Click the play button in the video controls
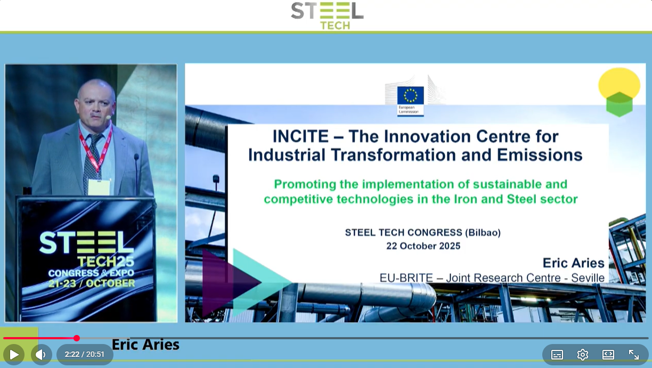[x=14, y=354]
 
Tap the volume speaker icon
[x=41, y=354]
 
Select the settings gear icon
[x=582, y=355]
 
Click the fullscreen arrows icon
[x=634, y=355]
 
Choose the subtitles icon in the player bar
[x=557, y=355]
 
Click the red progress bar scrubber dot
[x=77, y=338]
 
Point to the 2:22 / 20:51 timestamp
[x=84, y=354]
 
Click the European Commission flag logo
[x=410, y=101]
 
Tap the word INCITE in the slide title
[x=300, y=136]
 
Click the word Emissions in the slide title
[x=540, y=155]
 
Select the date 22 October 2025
[x=423, y=246]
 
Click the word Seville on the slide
[x=588, y=278]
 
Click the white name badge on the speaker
[x=99, y=187]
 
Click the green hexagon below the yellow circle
[x=620, y=105]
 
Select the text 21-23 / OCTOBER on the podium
[x=92, y=283]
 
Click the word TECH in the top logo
[x=335, y=26]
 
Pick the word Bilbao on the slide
[x=483, y=232]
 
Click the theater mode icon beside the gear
[x=608, y=355]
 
